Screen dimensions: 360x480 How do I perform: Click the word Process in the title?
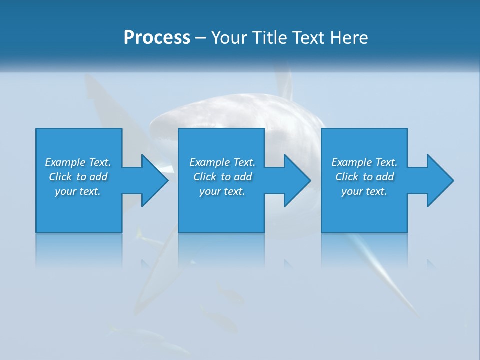tap(157, 38)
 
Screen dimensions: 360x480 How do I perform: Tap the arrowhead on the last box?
tap(440, 180)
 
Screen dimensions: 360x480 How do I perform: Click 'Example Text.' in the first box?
tap(78, 162)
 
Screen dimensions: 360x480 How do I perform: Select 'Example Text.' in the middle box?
tap(222, 162)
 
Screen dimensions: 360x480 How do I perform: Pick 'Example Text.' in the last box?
tap(364, 162)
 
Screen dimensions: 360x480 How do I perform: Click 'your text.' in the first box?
tap(78, 191)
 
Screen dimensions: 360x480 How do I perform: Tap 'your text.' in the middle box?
tap(222, 191)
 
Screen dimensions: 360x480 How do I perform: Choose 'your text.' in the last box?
tap(364, 191)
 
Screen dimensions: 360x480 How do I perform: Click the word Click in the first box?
tap(60, 177)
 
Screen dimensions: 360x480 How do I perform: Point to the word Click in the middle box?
tap(205, 177)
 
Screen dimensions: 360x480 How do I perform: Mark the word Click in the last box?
tap(347, 177)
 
